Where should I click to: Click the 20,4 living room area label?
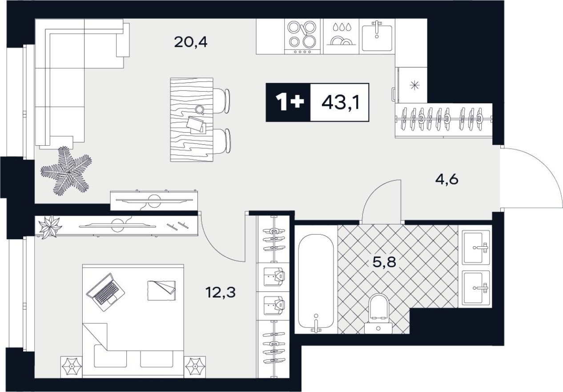point(191,43)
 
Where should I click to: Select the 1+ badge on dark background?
point(288,102)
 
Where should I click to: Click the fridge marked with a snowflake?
point(412,85)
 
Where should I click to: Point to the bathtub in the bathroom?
point(316,281)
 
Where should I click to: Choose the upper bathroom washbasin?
point(476,247)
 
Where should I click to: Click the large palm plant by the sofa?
point(66,171)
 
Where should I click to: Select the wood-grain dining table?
point(191,119)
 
